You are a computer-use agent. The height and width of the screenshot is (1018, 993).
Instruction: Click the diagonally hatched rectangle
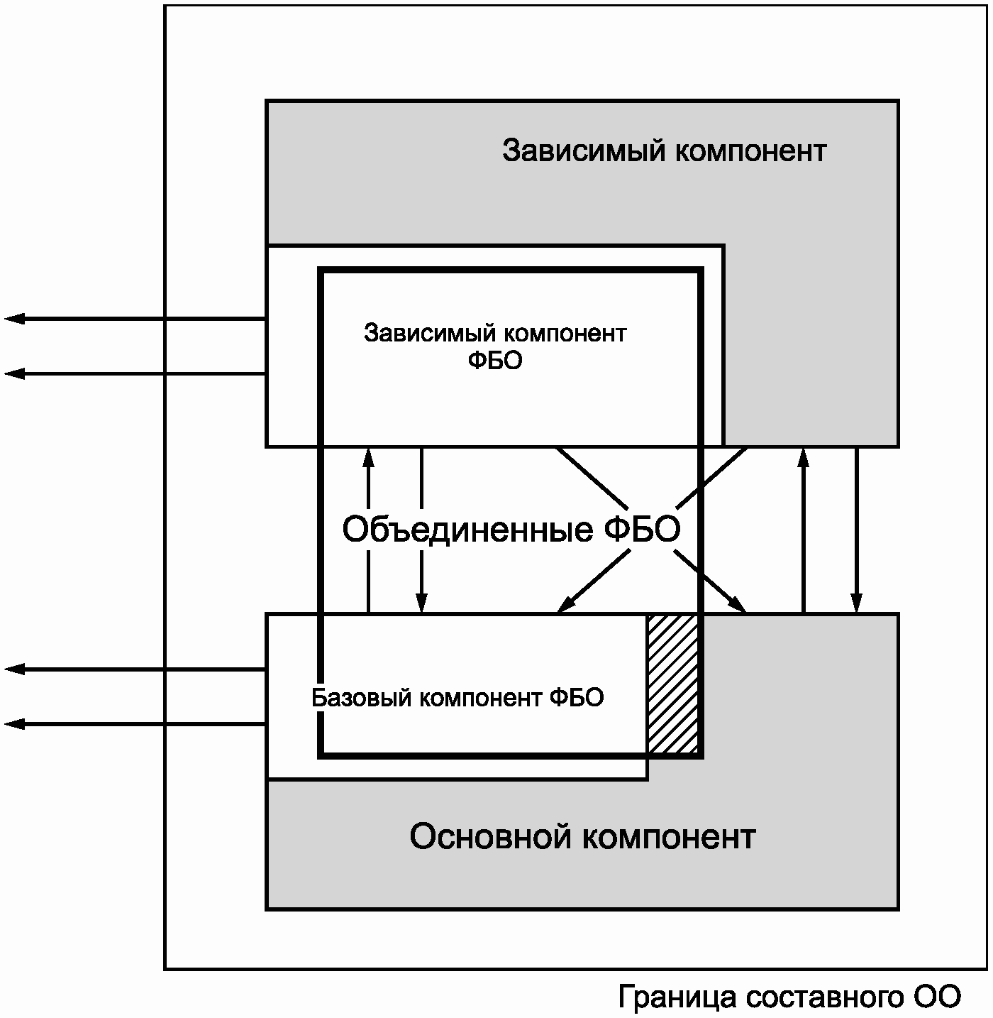point(672,684)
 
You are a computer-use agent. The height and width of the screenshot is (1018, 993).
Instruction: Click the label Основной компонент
point(582,836)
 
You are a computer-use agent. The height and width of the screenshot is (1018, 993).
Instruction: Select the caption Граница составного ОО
point(789,996)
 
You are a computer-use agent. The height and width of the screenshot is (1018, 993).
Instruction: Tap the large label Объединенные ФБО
point(511,529)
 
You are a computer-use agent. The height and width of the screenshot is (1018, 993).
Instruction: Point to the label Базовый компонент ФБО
point(457,698)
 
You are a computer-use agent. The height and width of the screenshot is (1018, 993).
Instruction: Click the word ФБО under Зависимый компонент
point(495,361)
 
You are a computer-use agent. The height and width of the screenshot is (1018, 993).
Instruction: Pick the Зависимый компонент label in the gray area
point(664,150)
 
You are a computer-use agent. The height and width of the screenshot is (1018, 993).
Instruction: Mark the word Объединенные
point(467,529)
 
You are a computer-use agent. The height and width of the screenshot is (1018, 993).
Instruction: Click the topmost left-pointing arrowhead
point(14,319)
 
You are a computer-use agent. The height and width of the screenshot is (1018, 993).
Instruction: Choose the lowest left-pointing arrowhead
point(14,723)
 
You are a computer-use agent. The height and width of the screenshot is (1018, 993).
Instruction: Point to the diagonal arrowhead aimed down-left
point(565,605)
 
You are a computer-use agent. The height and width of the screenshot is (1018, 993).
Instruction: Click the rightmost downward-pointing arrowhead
point(857,603)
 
